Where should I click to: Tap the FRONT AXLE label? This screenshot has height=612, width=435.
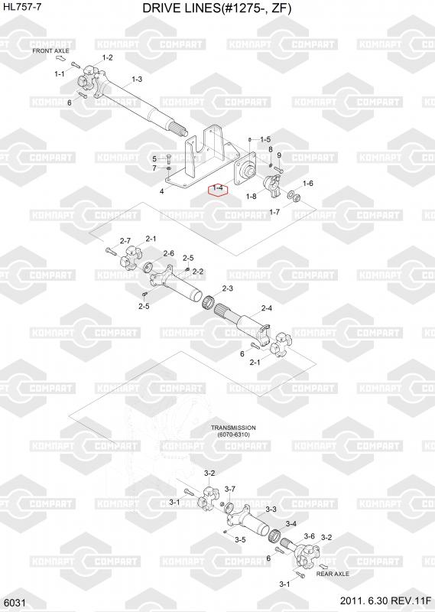pyautogui.click(x=50, y=50)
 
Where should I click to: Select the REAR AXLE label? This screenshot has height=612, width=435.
pyautogui.click(x=333, y=574)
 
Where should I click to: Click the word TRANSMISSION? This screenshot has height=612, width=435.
pyautogui.click(x=233, y=428)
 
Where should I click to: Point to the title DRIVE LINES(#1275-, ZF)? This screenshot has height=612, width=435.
pyautogui.click(x=217, y=8)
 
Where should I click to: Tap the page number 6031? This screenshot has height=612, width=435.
pyautogui.click(x=14, y=603)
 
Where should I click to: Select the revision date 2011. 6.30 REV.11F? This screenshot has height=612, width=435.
pyautogui.click(x=385, y=601)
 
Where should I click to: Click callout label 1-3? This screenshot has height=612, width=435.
pyautogui.click(x=137, y=80)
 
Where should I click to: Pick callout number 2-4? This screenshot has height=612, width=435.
pyautogui.click(x=267, y=308)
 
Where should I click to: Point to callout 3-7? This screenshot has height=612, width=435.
pyautogui.click(x=230, y=489)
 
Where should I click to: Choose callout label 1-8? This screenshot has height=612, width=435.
pyautogui.click(x=252, y=196)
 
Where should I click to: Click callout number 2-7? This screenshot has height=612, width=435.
pyautogui.click(x=125, y=241)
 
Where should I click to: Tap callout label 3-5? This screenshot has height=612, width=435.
pyautogui.click(x=240, y=540)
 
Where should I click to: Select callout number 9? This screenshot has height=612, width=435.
pyautogui.click(x=279, y=156)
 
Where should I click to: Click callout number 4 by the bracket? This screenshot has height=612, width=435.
pyautogui.click(x=161, y=191)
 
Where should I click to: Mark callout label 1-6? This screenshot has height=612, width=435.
pyautogui.click(x=308, y=184)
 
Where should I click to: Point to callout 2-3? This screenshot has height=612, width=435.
pyautogui.click(x=228, y=288)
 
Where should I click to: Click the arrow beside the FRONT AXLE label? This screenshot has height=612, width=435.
pyautogui.click(x=61, y=59)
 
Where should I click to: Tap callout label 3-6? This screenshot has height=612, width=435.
pyautogui.click(x=310, y=536)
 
